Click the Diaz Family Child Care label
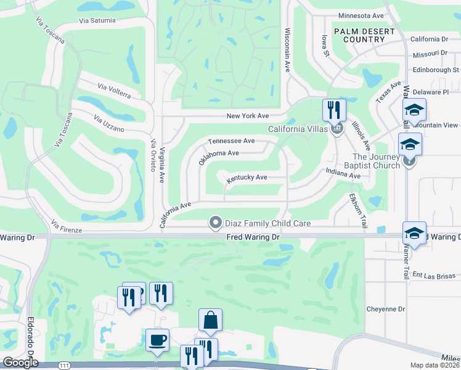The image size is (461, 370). [x=267, y=223]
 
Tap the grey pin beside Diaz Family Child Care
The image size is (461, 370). [x=215, y=222]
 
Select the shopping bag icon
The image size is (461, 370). [x=210, y=320]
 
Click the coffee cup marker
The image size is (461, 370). [x=157, y=340]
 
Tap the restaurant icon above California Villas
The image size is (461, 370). [x=334, y=110]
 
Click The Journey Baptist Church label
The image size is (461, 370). [x=376, y=161]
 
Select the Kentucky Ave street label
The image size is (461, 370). [x=247, y=178]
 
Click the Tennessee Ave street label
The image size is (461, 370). [x=231, y=141]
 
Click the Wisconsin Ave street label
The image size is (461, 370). [x=287, y=50]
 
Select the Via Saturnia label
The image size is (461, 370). [x=97, y=20]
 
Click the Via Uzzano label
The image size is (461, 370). [x=109, y=123]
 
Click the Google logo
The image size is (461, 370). [x=20, y=363]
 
